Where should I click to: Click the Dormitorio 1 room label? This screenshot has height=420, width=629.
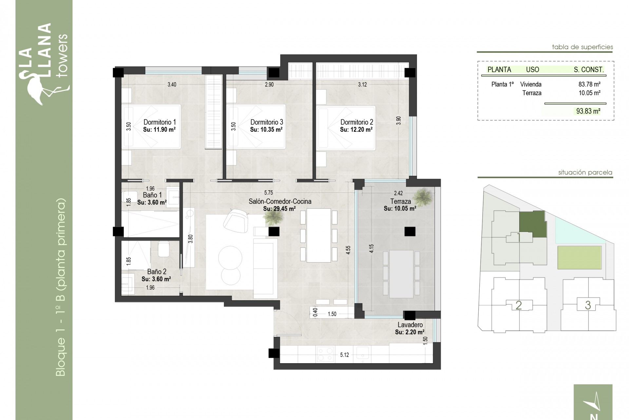coord(160,122)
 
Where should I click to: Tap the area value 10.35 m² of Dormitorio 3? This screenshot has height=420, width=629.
coord(266,130)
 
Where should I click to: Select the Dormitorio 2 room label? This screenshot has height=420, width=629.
coord(356,122)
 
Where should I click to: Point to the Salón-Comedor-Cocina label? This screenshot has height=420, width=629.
coord(280,201)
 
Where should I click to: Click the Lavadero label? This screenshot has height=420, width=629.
coord(410,325)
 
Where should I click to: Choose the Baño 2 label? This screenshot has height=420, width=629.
coord(157,272)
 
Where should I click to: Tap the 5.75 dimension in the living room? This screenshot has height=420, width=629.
coord(268,193)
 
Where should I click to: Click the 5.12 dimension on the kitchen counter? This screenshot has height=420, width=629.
coord(344,355)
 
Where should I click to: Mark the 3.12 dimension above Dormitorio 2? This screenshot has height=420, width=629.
coord(362,84)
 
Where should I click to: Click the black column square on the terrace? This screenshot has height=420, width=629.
coord(410,232)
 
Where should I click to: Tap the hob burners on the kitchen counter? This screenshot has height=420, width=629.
coord(325,355)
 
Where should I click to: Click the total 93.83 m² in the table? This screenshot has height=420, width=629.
coord(588,111)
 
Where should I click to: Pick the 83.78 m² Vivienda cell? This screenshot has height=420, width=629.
coord(589,84)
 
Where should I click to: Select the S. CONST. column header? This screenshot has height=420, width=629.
coord(588,70)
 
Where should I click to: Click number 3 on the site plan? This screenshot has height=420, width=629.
coord(588,305)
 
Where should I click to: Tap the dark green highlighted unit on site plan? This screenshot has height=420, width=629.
coord(533,224)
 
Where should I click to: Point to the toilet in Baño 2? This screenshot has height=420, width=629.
coord(163,249)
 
